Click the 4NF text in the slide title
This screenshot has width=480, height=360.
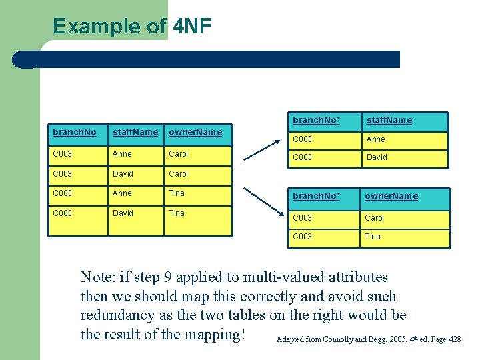point(192,27)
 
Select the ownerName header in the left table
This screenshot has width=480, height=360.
point(195,132)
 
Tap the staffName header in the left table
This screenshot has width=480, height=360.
point(135,132)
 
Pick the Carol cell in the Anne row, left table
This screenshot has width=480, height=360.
point(178,154)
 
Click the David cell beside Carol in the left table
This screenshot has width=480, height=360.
point(123,174)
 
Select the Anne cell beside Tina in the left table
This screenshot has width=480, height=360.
point(122,193)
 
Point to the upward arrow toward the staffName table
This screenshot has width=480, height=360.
point(261,150)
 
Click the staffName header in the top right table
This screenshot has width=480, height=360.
point(389,121)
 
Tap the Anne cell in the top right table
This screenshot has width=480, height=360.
point(375,139)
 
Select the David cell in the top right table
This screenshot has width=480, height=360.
point(377,157)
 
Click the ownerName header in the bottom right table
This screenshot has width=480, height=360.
point(391,196)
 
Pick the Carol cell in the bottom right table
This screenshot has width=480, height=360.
point(375,218)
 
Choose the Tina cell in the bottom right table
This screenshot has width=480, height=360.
point(372,237)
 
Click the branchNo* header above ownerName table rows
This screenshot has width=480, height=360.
point(316,196)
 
